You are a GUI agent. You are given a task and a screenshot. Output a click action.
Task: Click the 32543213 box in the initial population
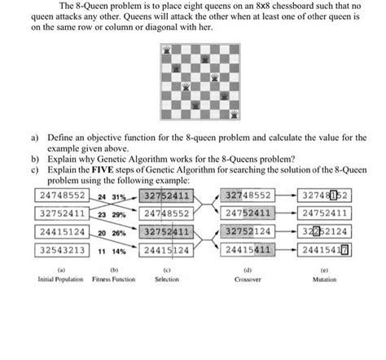click(62, 250)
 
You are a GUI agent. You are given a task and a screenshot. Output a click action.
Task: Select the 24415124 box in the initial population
click(62, 231)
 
